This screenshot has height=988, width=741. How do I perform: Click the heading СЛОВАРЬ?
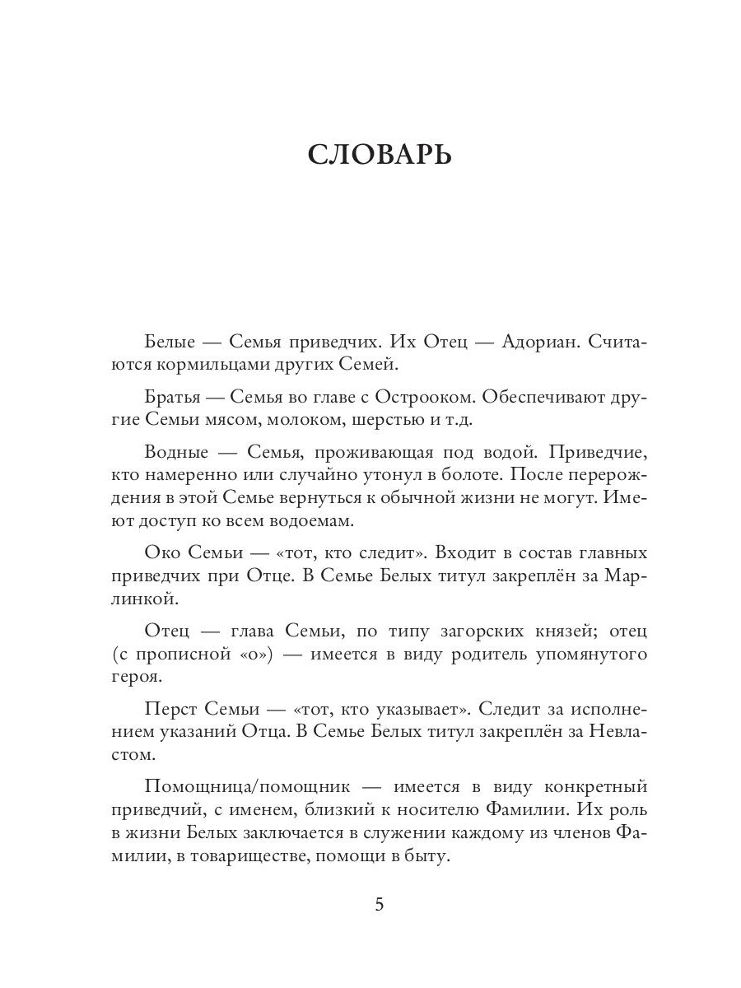tap(379, 154)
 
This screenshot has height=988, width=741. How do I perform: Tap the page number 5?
tap(380, 904)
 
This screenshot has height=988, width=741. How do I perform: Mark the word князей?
tap(561, 631)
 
